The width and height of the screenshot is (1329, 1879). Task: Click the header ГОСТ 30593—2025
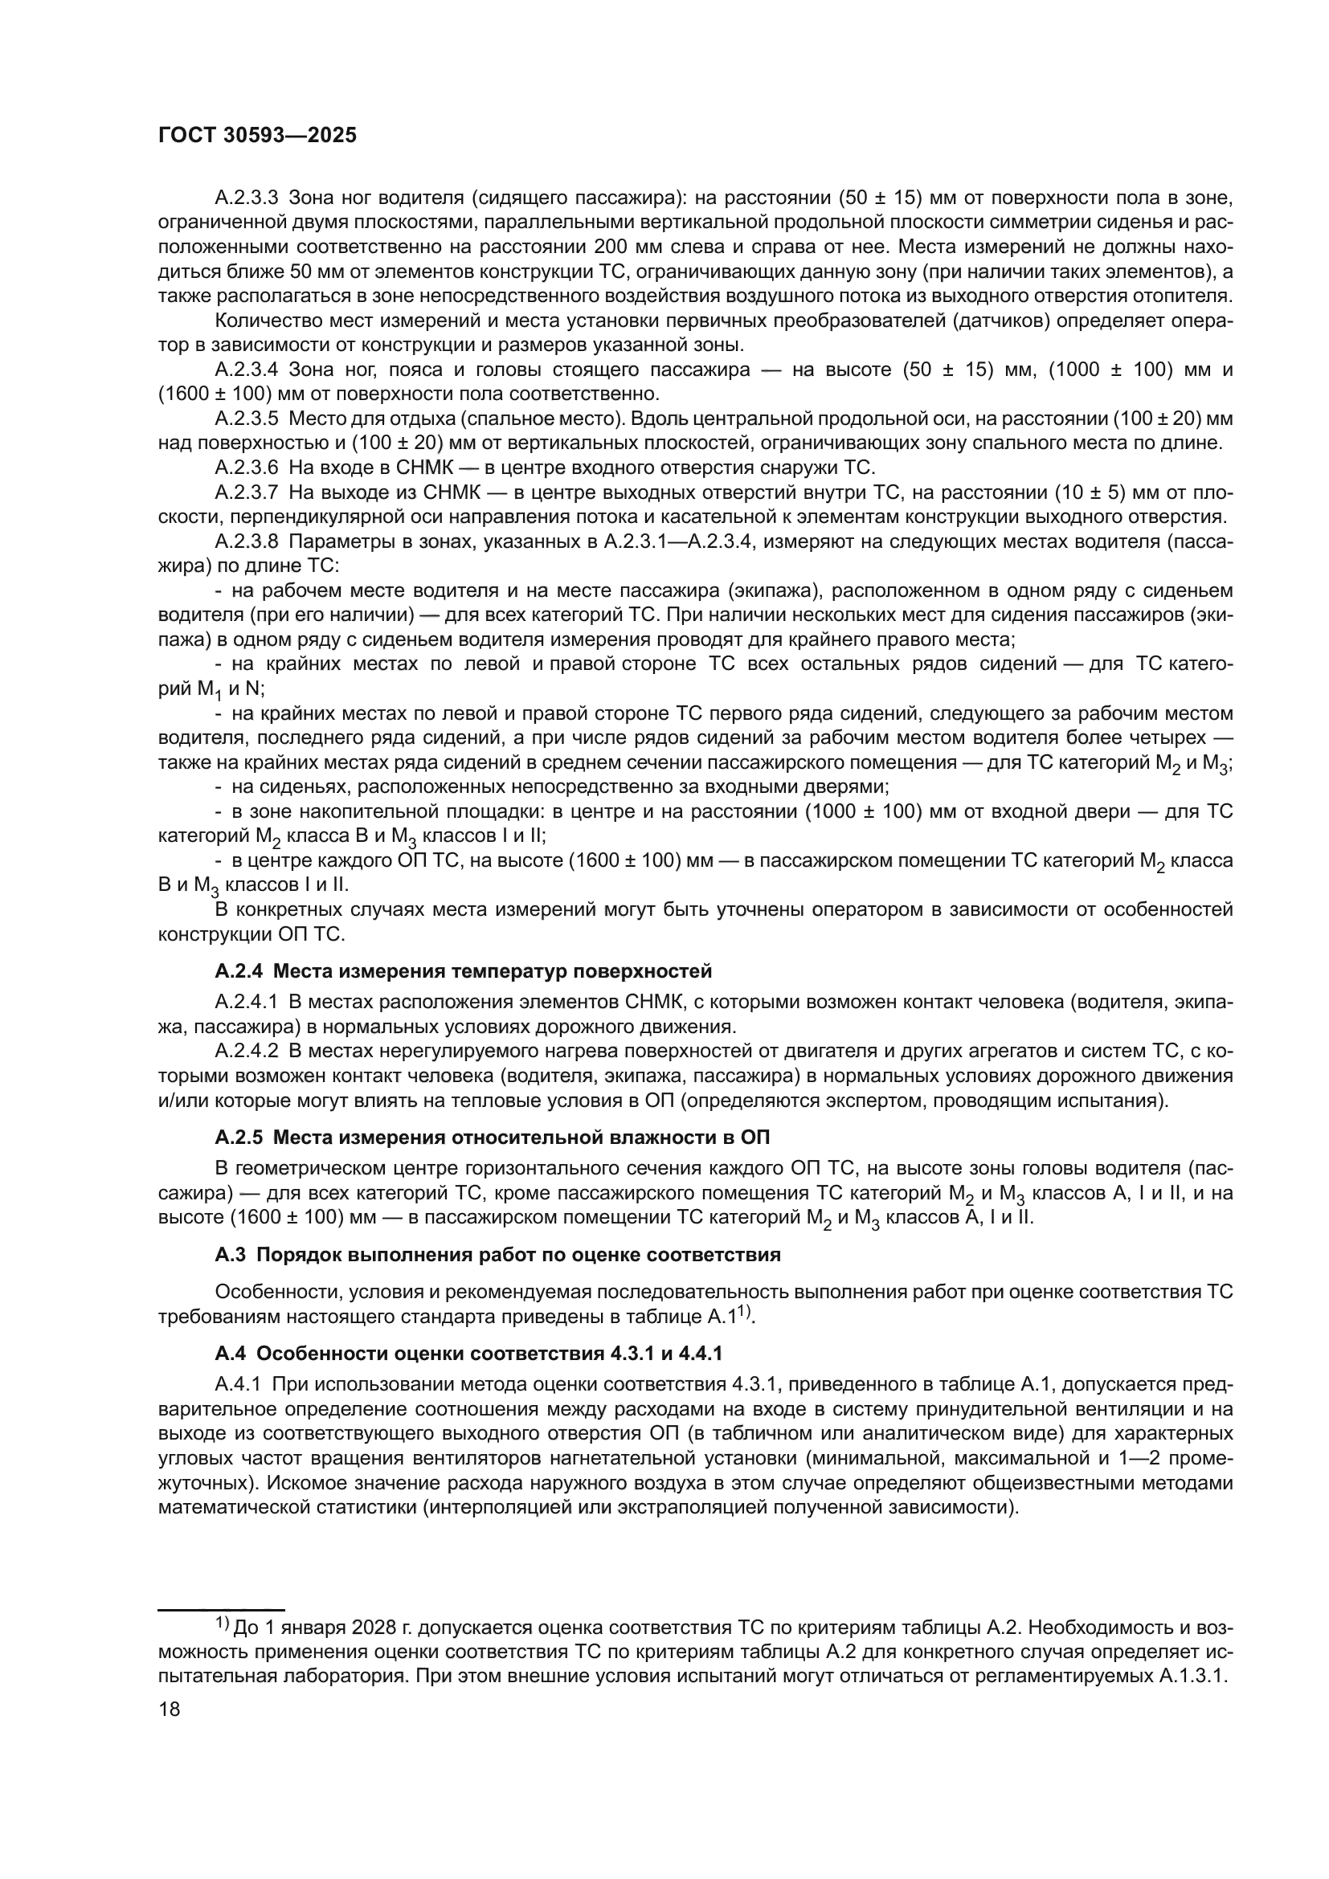pyautogui.click(x=257, y=136)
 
